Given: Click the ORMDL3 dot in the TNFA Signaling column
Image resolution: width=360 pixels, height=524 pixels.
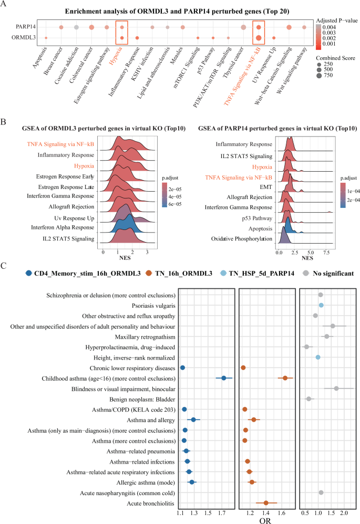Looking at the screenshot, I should click(259, 38).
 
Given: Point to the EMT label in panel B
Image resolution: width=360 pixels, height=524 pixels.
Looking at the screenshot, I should click(266, 186).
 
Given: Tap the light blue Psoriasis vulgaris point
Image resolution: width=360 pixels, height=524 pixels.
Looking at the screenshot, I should click(321, 305).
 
